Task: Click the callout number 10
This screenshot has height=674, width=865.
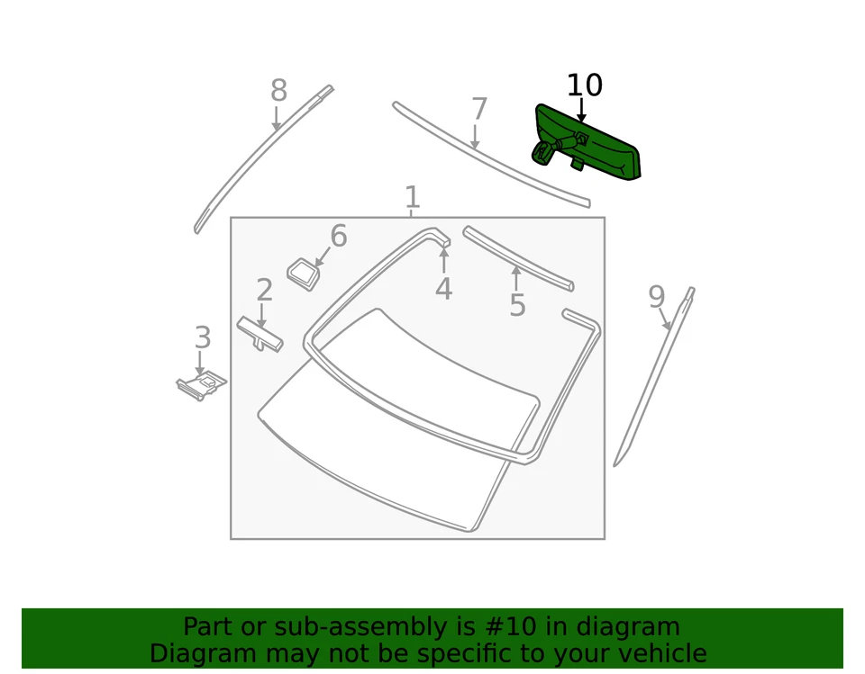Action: point(584,85)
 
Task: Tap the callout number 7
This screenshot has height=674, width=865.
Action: point(478,110)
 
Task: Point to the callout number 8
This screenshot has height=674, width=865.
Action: point(278,91)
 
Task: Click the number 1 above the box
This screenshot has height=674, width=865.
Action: point(412,197)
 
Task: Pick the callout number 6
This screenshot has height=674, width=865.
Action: point(338,237)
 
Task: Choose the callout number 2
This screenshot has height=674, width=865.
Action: point(264,291)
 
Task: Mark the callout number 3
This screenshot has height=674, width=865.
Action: point(203,338)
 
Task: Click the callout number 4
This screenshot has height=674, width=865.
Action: point(443,290)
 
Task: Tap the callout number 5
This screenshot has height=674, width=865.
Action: point(516,306)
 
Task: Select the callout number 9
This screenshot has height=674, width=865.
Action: point(657,297)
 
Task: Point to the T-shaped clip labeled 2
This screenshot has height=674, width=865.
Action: point(259,334)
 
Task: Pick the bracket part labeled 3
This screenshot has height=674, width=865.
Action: point(202,384)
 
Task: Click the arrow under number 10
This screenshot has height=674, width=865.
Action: point(582,112)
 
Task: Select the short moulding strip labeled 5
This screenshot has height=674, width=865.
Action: point(517,258)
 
